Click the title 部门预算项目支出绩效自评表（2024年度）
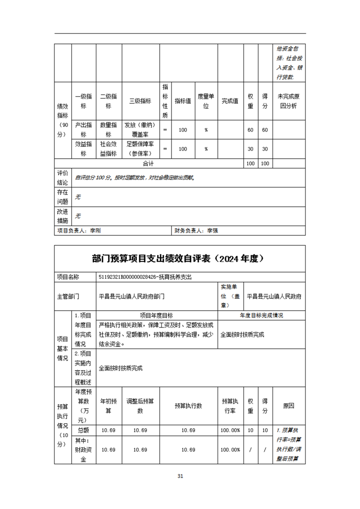click(180, 259)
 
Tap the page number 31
click(180, 476)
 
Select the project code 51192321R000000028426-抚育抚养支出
click(148, 276)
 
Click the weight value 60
click(250, 130)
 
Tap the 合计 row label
click(148, 163)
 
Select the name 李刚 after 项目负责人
click(96, 230)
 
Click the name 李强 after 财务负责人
click(213, 230)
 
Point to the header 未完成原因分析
click(289, 101)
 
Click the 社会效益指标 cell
click(108, 149)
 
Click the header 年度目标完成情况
click(261, 315)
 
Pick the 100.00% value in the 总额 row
click(230, 430)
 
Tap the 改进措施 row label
click(63, 216)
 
